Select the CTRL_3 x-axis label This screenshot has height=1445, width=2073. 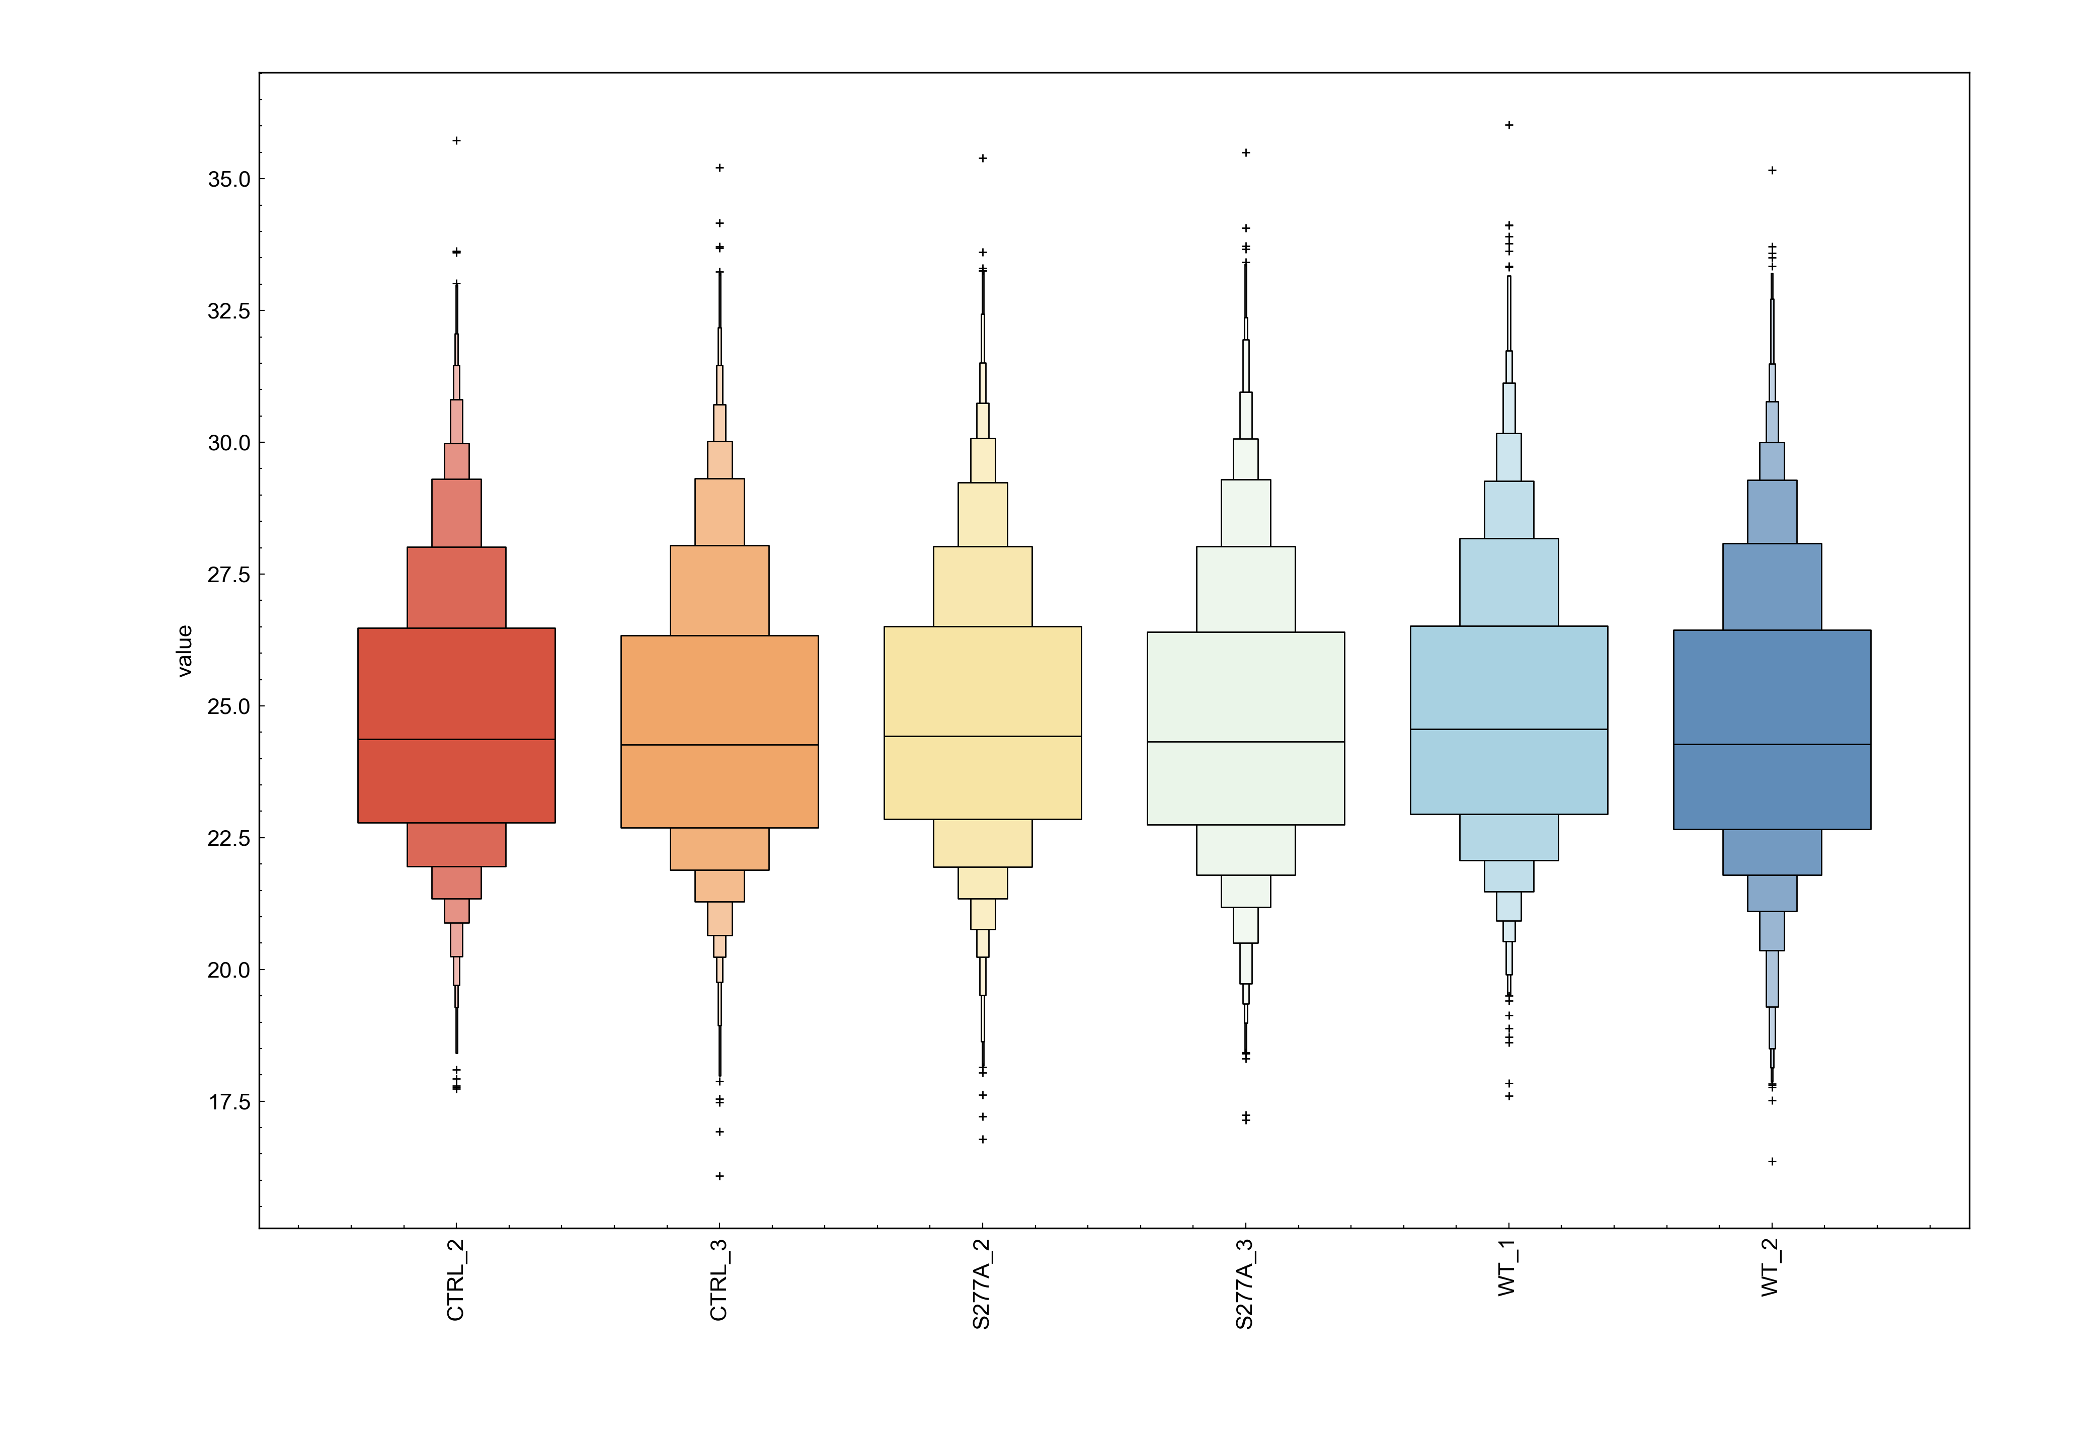(719, 1280)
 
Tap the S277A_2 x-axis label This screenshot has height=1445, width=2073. (982, 1285)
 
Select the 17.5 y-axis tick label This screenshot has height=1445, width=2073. (228, 1102)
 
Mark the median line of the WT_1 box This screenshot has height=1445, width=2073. (1508, 729)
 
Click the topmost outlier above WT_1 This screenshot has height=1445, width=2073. (1508, 125)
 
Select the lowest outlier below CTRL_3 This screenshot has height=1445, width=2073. (720, 1176)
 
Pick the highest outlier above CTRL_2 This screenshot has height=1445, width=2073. (457, 141)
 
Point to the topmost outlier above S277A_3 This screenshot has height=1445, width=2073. (1246, 152)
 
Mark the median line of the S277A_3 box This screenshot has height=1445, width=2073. (1246, 742)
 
